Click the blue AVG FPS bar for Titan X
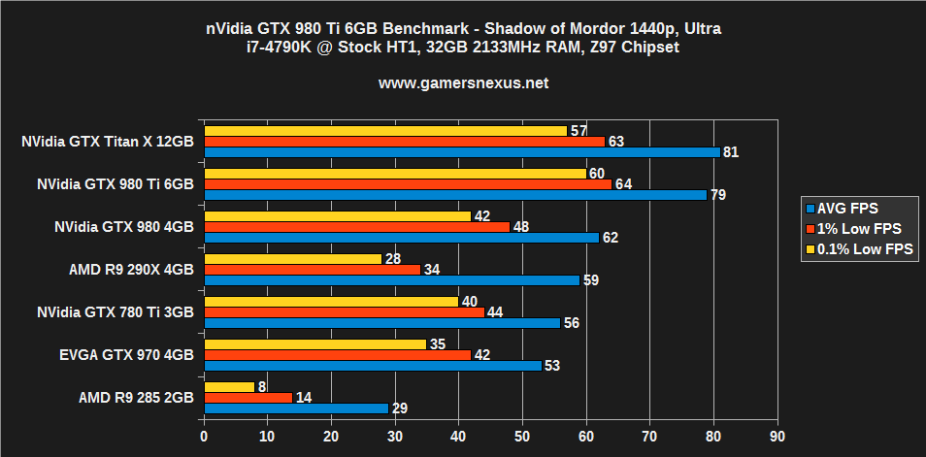tap(461, 152)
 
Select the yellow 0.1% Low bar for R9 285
tap(229, 387)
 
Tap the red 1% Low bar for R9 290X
tap(312, 269)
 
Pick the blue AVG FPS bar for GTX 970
tap(372, 366)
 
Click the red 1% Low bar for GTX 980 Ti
tap(408, 184)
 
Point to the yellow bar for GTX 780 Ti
tap(331, 302)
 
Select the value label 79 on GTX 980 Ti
tap(718, 195)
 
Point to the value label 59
tap(590, 280)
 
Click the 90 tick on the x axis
tap(777, 438)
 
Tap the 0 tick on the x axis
tap(204, 438)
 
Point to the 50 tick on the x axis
tap(522, 438)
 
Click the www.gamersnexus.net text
tap(463, 83)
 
